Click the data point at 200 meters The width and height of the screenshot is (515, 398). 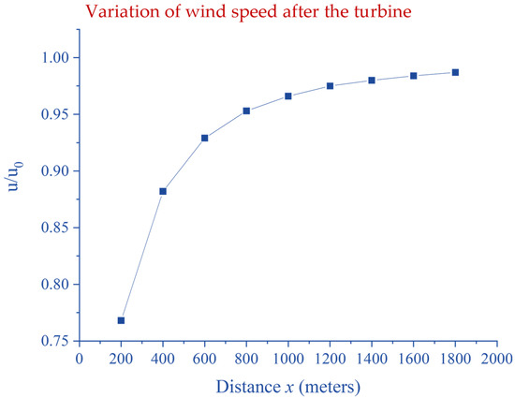click(x=121, y=320)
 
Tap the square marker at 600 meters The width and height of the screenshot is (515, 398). click(x=204, y=138)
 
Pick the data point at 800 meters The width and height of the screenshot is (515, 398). click(x=246, y=111)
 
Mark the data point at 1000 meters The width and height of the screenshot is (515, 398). click(x=288, y=96)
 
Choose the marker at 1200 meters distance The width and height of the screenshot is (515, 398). click(x=330, y=85)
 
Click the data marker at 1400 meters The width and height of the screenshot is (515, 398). click(x=372, y=80)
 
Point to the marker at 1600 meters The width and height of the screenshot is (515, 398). click(x=413, y=75)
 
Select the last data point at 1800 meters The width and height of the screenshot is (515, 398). click(x=455, y=71)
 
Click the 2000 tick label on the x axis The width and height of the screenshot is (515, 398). click(x=496, y=358)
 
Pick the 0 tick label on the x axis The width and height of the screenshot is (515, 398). click(x=80, y=358)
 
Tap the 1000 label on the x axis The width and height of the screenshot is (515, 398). click(x=288, y=358)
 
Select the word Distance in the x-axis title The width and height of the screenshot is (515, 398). click(x=245, y=384)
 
